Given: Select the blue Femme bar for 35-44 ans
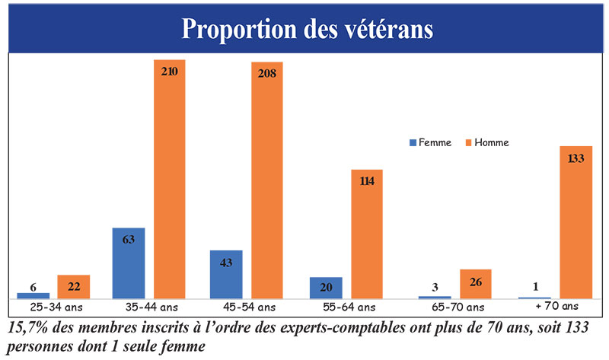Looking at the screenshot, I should (x=128, y=263).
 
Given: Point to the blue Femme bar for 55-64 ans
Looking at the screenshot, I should (x=325, y=288).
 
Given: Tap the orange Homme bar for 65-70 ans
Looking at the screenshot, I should (x=475, y=284).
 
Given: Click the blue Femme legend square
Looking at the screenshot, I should (x=413, y=142).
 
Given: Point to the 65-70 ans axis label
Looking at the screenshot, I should (x=453, y=307).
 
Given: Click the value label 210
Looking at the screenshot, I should (x=170, y=72).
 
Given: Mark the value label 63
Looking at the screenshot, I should (x=128, y=239).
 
